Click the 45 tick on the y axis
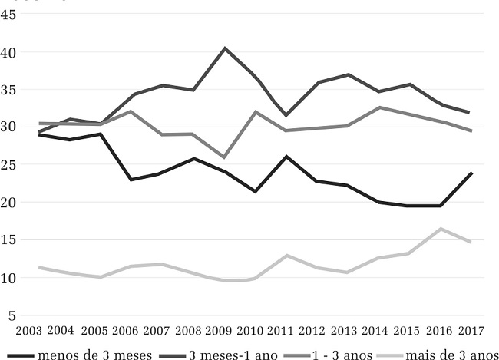pos(11,15)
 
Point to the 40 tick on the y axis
pos(11,53)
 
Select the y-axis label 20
pos(11,203)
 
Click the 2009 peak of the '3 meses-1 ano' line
pos(224,48)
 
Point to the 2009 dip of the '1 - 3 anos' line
pos(224,157)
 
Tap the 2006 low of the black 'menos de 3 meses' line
pos(131,180)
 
